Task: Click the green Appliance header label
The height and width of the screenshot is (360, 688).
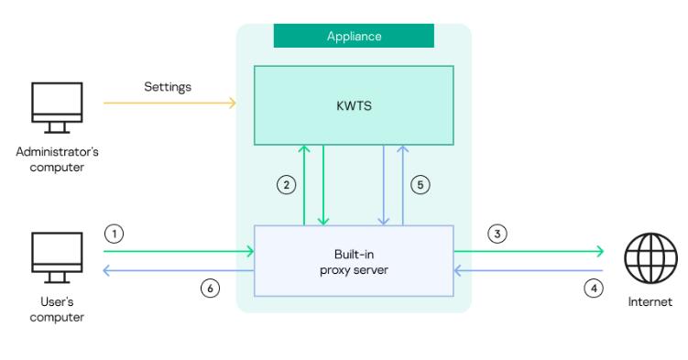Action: click(354, 36)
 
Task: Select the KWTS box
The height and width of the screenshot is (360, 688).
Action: click(354, 104)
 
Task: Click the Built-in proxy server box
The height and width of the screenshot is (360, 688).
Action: click(354, 260)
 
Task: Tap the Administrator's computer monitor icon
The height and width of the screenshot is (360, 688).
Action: click(57, 107)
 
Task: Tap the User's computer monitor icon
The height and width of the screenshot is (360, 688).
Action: click(57, 256)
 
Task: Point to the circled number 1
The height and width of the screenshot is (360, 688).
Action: click(114, 234)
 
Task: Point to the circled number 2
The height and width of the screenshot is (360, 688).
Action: click(287, 185)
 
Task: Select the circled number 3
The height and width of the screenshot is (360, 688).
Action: click(497, 234)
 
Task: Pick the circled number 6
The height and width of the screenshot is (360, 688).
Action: click(210, 288)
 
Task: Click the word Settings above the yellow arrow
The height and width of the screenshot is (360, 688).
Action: click(167, 87)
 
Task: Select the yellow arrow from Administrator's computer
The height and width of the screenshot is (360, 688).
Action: click(169, 104)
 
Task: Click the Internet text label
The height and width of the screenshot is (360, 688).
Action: click(650, 301)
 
